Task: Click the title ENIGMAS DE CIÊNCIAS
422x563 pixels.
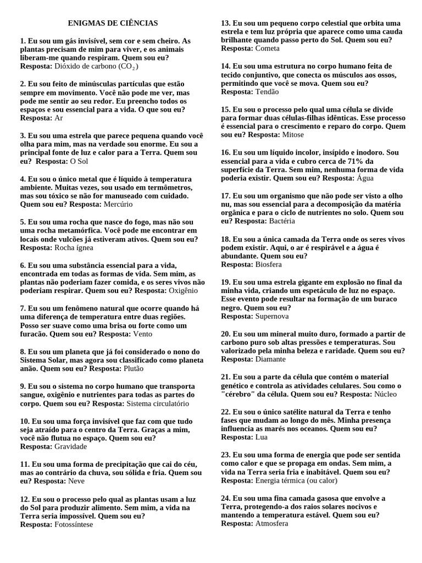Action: click(113, 23)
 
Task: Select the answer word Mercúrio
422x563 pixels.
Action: click(118, 204)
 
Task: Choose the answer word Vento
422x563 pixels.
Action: click(143, 334)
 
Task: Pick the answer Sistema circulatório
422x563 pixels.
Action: click(158, 403)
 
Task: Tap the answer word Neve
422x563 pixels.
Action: click(76, 481)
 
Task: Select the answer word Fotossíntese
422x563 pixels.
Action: click(74, 524)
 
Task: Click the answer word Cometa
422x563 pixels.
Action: click(268, 48)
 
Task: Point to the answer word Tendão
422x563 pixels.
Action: click(267, 92)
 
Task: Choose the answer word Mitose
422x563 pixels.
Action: click(292, 135)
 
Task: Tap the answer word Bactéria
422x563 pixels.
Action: click(282, 221)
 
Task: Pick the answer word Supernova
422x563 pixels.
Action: click(272, 316)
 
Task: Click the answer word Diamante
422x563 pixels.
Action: click(271, 359)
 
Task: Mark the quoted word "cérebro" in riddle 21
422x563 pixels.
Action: click(240, 394)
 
